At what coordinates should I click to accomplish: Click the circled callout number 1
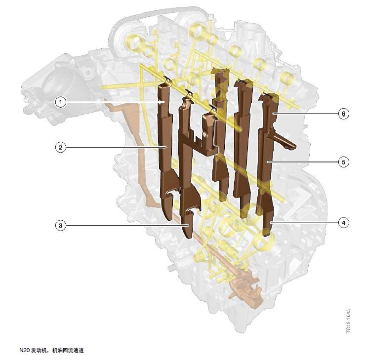pos(61,102)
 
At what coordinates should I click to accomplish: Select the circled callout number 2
pos(61,148)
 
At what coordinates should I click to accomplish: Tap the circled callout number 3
pos(61,225)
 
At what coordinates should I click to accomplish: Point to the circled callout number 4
pos(343,223)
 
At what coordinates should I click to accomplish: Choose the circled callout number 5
pos(343,162)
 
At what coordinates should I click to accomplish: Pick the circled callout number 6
pos(343,114)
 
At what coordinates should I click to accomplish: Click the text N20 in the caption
pos(24,350)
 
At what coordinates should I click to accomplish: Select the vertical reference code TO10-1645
pos(348,321)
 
